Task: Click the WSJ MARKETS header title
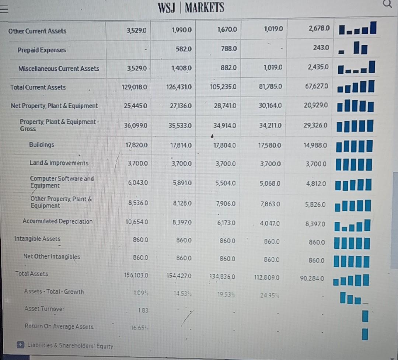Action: (x=191, y=7)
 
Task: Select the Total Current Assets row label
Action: (x=38, y=87)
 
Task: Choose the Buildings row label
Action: (x=41, y=145)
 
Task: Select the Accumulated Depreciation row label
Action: (x=57, y=221)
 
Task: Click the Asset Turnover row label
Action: (x=44, y=309)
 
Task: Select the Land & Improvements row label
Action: (x=59, y=163)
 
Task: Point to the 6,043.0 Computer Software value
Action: (x=136, y=182)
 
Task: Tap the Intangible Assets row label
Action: (x=37, y=239)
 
